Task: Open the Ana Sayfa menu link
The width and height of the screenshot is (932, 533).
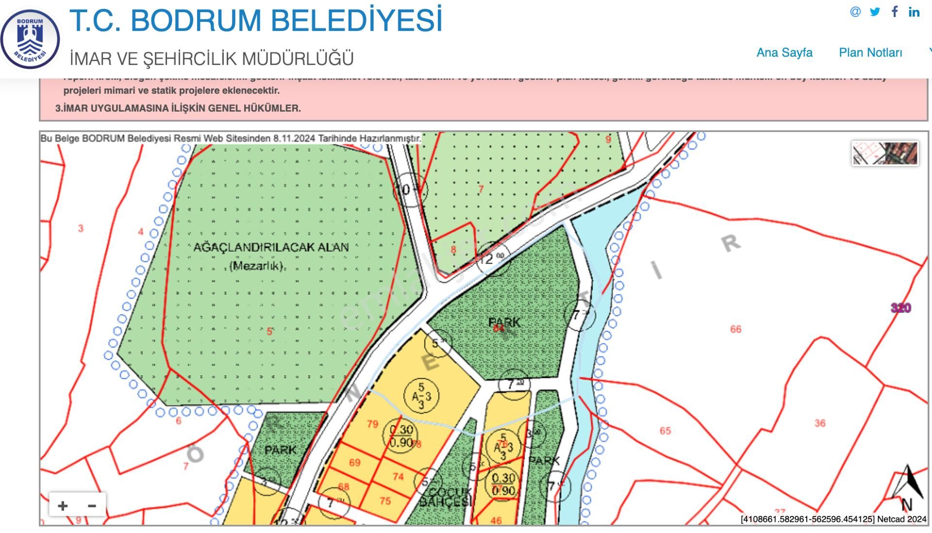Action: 784,52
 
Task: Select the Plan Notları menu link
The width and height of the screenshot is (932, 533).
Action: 870,52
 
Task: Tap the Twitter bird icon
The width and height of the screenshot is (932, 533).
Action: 875,12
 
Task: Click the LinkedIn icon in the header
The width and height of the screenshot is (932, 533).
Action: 914,12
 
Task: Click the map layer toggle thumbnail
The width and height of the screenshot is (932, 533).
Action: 885,153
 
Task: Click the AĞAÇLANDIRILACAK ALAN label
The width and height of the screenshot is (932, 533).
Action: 271,247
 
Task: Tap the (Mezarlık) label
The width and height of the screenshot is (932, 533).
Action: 256,266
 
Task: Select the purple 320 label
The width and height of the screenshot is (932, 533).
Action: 900,308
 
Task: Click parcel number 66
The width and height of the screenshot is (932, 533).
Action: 735,329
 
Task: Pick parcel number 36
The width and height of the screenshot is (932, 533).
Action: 820,423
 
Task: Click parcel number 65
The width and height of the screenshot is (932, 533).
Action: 665,431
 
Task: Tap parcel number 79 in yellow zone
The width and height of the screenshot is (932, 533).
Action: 372,424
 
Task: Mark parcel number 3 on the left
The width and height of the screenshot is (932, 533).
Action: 81,228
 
